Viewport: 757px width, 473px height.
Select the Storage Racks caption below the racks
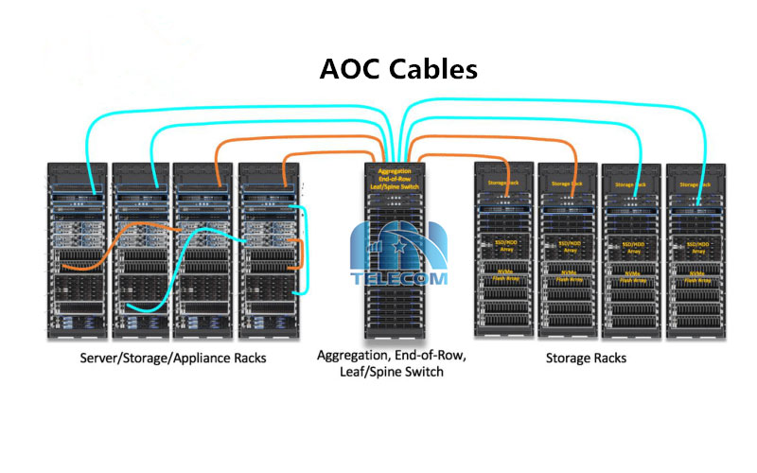tap(586, 359)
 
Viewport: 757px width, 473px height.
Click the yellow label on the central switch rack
tap(392, 181)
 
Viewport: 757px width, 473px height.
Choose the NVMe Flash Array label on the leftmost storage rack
tap(503, 275)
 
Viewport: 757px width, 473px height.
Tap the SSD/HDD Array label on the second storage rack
tap(569, 247)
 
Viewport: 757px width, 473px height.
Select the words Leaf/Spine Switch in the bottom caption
tap(393, 373)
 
